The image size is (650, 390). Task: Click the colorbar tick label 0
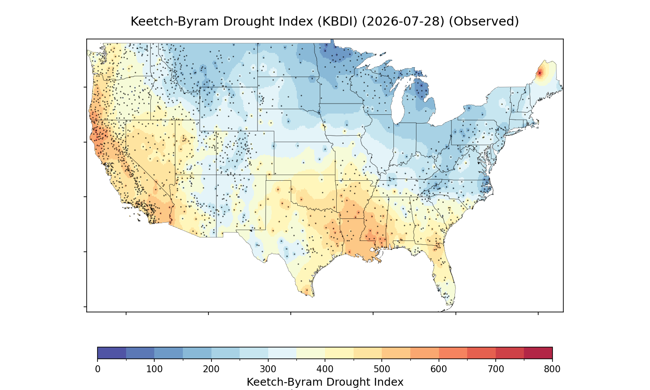point(97,369)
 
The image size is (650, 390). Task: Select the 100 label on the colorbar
point(154,369)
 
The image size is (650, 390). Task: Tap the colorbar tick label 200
point(211,369)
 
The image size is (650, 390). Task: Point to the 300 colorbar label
point(268,369)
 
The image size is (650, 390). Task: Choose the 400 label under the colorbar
point(325,369)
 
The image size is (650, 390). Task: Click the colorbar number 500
point(382,369)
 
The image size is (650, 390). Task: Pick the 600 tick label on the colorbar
point(439,369)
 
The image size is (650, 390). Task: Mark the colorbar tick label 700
point(496,369)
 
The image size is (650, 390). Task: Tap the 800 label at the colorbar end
point(552,369)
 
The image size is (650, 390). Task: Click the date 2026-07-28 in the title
point(403,22)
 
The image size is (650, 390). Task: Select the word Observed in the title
point(484,22)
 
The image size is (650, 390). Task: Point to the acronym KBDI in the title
point(337,22)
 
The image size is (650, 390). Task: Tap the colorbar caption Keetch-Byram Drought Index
point(325,382)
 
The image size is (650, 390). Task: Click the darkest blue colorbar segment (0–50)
point(112,353)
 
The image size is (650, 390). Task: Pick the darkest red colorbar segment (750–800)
point(538,353)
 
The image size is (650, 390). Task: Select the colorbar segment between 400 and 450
point(339,353)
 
